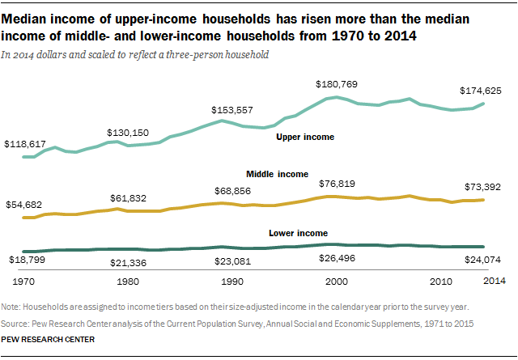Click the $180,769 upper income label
pyautogui.click(x=336, y=84)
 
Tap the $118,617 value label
pyautogui.click(x=25, y=143)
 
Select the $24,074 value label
pyautogui.click(x=484, y=260)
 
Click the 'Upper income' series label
pyautogui.click(x=305, y=138)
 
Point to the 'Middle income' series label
pyautogui.click(x=277, y=174)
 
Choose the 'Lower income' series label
pyautogui.click(x=297, y=233)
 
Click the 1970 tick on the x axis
pyautogui.click(x=22, y=282)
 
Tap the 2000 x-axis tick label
pyautogui.click(x=335, y=282)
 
